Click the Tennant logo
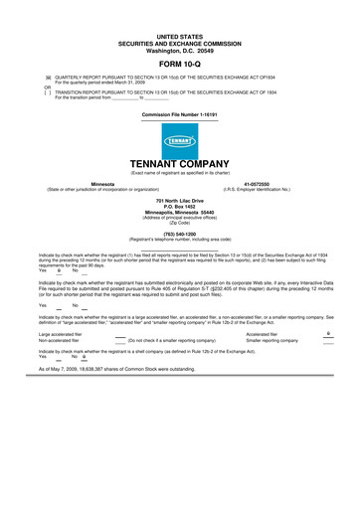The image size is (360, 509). pyautogui.click(x=179, y=141)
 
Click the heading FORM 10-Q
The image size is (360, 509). pyautogui.click(x=179, y=62)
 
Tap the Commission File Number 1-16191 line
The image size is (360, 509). pyautogui.click(x=179, y=114)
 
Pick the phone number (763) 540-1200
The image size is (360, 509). pyautogui.click(x=179, y=235)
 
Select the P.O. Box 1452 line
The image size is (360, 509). pyautogui.click(x=179, y=207)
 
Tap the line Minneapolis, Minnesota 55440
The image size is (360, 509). pyautogui.click(x=179, y=213)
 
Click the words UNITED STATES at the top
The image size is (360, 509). pyautogui.click(x=179, y=35)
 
